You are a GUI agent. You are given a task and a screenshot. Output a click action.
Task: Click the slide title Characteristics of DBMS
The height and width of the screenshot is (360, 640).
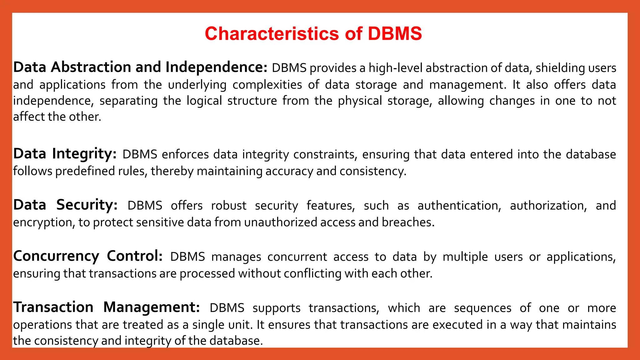(313, 34)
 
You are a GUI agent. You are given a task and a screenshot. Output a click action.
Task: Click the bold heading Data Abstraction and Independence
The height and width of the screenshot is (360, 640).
(140, 67)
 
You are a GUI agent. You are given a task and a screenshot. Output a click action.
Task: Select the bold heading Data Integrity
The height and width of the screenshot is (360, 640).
(65, 154)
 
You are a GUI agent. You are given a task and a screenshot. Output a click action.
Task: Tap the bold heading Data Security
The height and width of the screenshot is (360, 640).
(65, 205)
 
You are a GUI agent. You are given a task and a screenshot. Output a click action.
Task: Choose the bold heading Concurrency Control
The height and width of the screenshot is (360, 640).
(88, 256)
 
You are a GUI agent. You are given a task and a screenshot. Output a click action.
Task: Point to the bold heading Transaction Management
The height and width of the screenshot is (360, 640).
(106, 307)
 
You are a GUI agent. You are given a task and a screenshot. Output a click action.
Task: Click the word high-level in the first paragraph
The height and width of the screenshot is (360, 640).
(395, 68)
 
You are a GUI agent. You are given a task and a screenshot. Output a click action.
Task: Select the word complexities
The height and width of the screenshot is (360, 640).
(267, 85)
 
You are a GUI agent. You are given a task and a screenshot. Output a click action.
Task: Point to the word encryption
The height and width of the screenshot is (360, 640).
(43, 222)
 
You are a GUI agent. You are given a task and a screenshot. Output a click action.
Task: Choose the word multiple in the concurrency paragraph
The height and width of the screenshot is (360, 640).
(465, 257)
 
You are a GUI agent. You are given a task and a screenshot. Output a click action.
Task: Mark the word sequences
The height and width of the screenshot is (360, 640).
(482, 308)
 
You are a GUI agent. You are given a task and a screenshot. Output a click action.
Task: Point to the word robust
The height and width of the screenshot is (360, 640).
(228, 206)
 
